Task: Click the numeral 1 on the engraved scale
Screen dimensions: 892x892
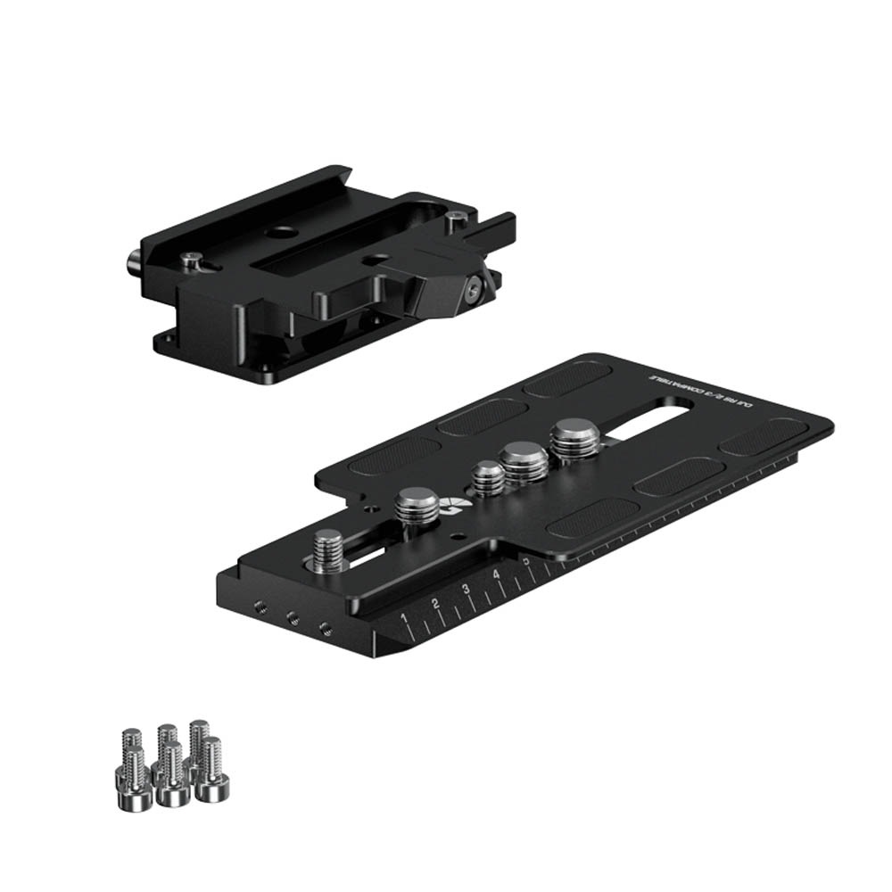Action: (x=405, y=618)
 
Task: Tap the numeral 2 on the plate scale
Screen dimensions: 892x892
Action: (x=435, y=605)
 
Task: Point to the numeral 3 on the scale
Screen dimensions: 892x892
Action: (x=466, y=590)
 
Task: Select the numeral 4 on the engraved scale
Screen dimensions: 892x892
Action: (x=497, y=575)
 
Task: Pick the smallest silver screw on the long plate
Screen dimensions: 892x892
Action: (x=488, y=478)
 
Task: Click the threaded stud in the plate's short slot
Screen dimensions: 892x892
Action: (x=329, y=549)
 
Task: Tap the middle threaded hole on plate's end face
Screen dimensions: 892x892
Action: (x=292, y=615)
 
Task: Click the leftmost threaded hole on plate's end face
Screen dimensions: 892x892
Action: (x=260, y=606)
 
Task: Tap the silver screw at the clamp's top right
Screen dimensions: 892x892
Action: (x=457, y=217)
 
